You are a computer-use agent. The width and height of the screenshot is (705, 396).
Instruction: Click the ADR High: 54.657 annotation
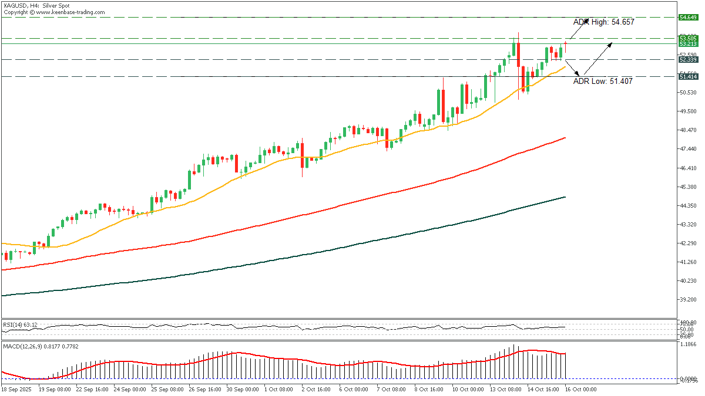pyautogui.click(x=603, y=21)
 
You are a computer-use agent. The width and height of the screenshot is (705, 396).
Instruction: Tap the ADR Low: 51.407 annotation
pyautogui.click(x=603, y=82)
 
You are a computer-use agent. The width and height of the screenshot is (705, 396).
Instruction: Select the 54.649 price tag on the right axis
pyautogui.click(x=688, y=18)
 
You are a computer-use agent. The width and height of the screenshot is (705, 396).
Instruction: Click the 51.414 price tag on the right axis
pyautogui.click(x=688, y=77)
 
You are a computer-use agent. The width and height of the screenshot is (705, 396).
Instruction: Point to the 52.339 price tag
pyautogui.click(x=688, y=59)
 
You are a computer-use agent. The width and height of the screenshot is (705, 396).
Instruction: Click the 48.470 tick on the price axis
pyautogui.click(x=688, y=130)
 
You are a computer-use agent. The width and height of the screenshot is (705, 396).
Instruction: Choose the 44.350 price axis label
pyautogui.click(x=688, y=205)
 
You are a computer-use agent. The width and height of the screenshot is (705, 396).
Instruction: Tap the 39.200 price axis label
pyautogui.click(x=688, y=299)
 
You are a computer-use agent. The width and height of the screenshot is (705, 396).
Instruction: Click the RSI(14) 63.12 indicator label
pyautogui.click(x=21, y=324)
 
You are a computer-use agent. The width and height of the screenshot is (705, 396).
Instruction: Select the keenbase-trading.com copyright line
pyautogui.click(x=55, y=12)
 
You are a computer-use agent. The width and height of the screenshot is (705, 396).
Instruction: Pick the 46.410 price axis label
pyautogui.click(x=688, y=168)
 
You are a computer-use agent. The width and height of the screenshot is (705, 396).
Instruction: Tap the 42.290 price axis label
pyautogui.click(x=688, y=243)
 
